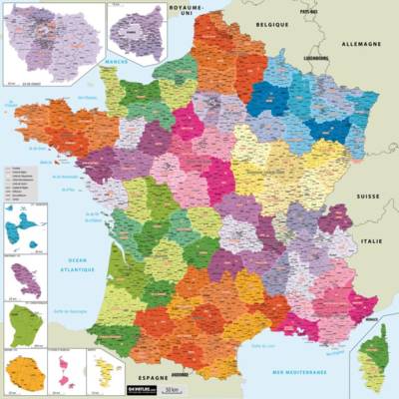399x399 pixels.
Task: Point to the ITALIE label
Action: tap(372, 240)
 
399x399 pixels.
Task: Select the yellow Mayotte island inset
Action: tap(104, 370)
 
